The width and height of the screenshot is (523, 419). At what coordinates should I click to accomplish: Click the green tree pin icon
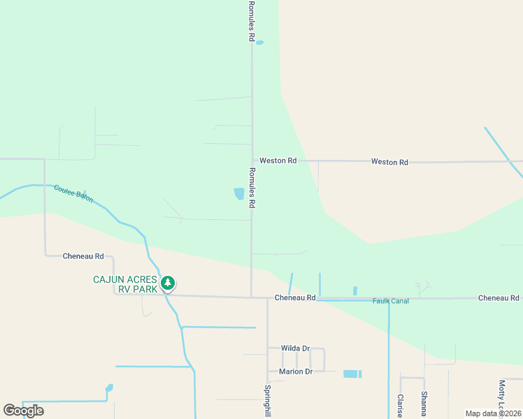point(167,284)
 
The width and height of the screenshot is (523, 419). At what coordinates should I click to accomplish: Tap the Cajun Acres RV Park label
point(126,284)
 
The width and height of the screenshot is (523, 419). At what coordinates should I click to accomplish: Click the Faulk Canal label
point(390,301)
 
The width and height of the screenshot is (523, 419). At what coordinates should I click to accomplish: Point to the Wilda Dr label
point(295,348)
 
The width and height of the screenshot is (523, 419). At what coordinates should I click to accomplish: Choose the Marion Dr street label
point(295,372)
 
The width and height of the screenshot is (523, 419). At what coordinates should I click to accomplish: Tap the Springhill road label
point(267,402)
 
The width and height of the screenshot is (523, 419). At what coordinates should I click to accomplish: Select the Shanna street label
point(424,404)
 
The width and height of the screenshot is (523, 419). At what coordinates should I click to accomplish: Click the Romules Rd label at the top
point(250,21)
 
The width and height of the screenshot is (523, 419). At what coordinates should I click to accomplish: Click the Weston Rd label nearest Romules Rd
point(278,161)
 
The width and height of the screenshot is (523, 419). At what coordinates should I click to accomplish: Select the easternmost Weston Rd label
point(389,162)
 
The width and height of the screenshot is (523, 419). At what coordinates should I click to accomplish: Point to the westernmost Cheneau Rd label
point(83,256)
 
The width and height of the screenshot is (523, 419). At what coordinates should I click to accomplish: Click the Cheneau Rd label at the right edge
point(499,298)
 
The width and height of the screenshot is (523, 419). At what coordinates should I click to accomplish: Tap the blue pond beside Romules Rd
point(239,193)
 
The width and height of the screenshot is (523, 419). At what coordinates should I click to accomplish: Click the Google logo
point(23,411)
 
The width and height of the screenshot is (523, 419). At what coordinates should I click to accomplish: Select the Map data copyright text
point(493,413)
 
